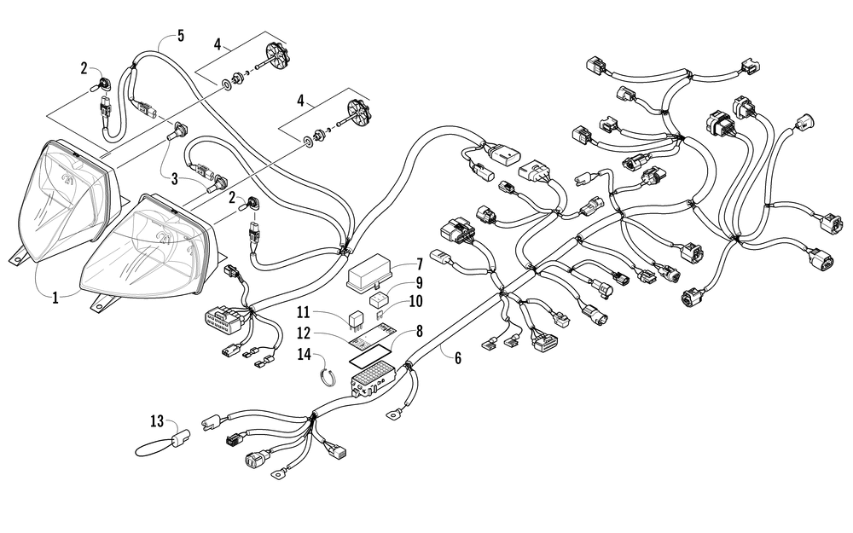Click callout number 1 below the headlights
point(55,298)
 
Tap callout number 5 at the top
point(181,37)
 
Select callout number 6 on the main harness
point(458,358)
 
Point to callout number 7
point(420,265)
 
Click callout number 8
point(419,331)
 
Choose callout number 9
point(420,283)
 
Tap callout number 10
point(415,301)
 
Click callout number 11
point(304,312)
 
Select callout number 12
point(304,333)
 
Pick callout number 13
point(157,421)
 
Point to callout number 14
point(305,355)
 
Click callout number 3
point(175,179)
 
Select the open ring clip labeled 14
point(327,378)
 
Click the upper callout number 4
point(218,44)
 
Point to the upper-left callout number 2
point(84,68)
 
